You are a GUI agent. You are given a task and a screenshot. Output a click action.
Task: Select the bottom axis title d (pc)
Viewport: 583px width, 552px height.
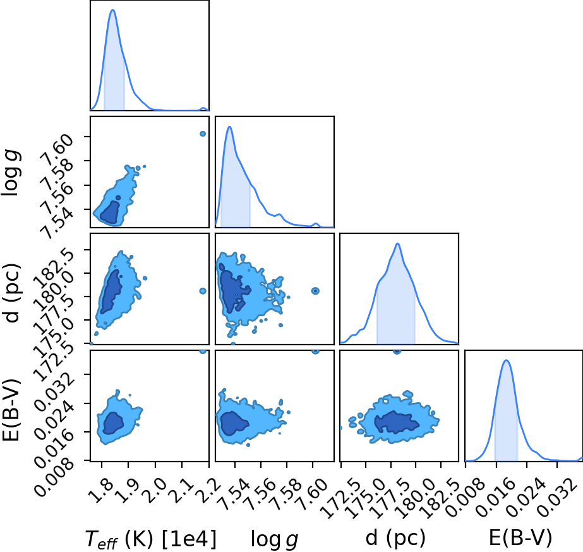tap(395, 537)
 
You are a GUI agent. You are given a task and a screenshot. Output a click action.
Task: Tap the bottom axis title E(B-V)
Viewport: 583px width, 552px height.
tap(520, 537)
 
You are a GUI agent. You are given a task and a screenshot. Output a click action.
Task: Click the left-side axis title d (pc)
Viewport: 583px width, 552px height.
tap(11, 293)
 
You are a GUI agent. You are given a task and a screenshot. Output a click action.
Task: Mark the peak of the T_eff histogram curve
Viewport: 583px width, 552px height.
tap(112, 9)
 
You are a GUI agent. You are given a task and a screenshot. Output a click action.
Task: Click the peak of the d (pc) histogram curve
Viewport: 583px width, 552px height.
tap(397, 243)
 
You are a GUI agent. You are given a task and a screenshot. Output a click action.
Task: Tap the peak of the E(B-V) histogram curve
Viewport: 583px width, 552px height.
tap(506, 360)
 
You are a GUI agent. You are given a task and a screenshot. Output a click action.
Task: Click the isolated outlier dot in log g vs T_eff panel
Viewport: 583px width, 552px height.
tap(203, 133)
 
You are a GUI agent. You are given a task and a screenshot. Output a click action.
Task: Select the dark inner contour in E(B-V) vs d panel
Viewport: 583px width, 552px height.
tap(397, 422)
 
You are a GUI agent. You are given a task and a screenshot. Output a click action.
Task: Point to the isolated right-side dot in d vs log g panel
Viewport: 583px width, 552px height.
tap(315, 291)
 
